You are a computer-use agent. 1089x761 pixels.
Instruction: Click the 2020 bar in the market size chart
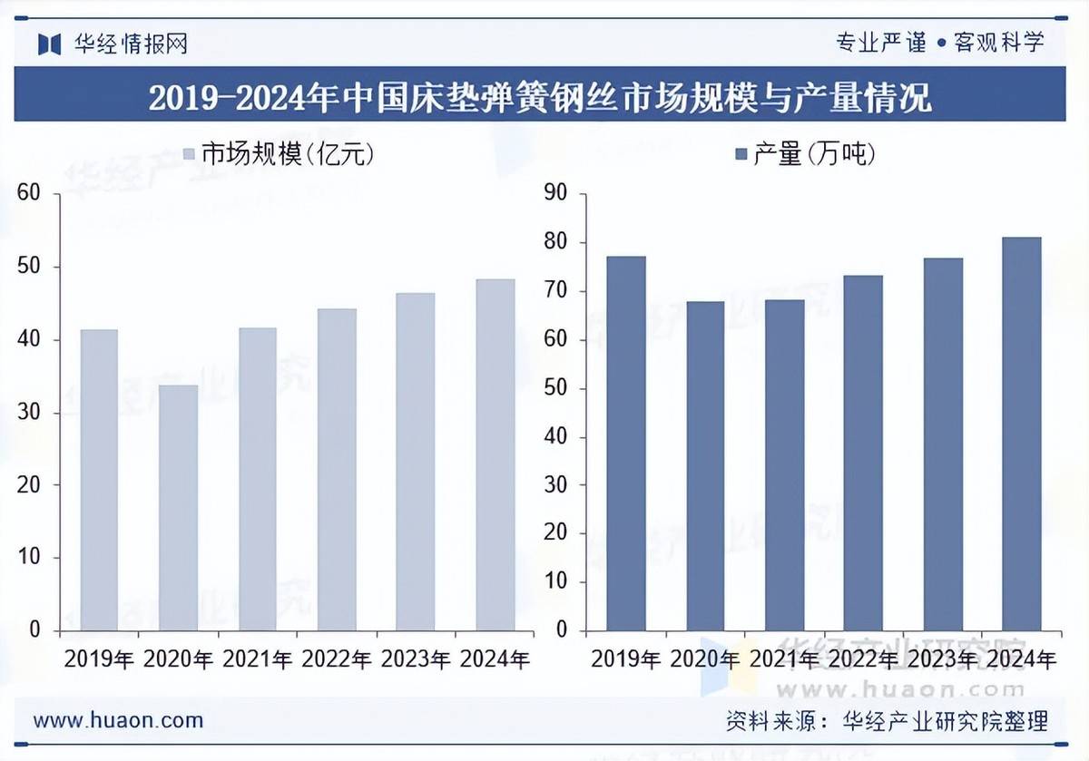(x=178, y=507)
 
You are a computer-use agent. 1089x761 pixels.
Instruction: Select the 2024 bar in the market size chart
(x=495, y=454)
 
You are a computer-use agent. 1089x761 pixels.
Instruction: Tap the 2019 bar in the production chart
(x=626, y=444)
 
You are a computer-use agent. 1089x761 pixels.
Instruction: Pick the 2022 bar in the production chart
(x=863, y=453)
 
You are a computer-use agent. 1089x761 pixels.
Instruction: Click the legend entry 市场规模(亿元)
(x=279, y=154)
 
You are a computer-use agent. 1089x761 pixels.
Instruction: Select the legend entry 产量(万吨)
(x=804, y=154)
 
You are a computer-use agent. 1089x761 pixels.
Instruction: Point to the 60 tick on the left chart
(x=30, y=193)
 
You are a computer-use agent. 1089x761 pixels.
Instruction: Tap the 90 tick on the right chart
(x=554, y=193)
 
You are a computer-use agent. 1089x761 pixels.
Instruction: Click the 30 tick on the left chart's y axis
(x=30, y=413)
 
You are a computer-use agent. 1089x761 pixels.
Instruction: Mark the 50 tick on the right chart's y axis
(x=554, y=388)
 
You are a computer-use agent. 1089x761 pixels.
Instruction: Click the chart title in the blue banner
(x=540, y=97)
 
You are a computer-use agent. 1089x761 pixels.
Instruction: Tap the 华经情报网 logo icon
(x=49, y=44)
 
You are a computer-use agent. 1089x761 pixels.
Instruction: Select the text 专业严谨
(x=880, y=42)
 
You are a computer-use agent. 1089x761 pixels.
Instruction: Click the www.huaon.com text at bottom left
(x=118, y=720)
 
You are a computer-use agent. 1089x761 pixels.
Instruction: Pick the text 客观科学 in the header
(x=999, y=42)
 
